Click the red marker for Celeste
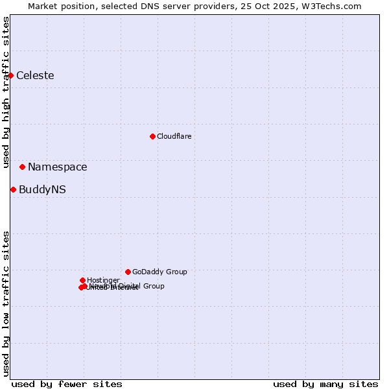(x=10, y=75)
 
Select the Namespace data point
(x=22, y=167)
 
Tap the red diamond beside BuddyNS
(x=13, y=189)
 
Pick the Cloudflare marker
(x=152, y=136)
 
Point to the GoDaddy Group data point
(x=128, y=272)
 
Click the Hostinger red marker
(x=82, y=280)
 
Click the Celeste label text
(x=35, y=75)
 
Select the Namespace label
(x=57, y=167)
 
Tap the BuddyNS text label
(x=42, y=189)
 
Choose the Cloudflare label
(x=174, y=136)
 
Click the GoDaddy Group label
(x=159, y=272)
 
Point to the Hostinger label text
(x=103, y=280)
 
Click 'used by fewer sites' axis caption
(x=67, y=384)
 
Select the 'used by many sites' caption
(x=325, y=384)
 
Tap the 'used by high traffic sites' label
(x=6, y=92)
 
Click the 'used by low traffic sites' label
(x=6, y=303)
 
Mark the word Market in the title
(x=43, y=6)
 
